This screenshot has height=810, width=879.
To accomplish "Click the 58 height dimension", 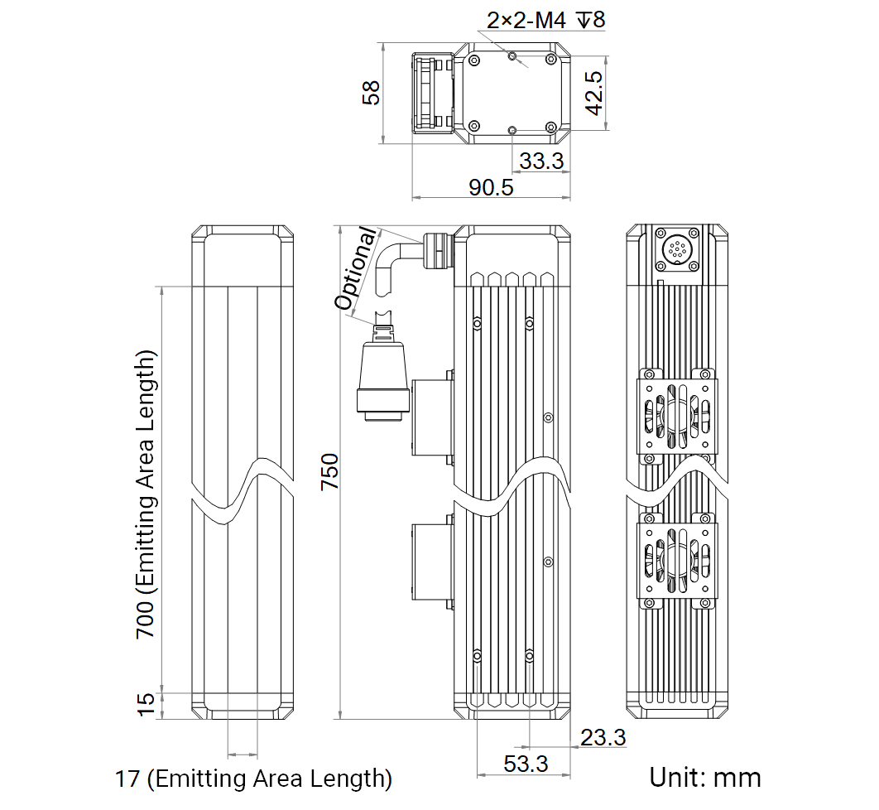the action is [x=371, y=93].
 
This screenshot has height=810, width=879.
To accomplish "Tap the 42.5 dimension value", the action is [x=594, y=93].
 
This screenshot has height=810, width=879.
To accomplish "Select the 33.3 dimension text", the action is [x=541, y=161].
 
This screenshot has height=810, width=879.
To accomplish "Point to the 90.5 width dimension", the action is [x=491, y=187].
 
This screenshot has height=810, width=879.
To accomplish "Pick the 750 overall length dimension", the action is [x=330, y=472].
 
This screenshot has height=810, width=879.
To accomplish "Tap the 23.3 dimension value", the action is [x=603, y=737].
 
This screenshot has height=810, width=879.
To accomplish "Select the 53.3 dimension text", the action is [x=526, y=764].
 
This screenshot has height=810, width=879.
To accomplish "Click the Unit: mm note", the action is [x=704, y=778].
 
